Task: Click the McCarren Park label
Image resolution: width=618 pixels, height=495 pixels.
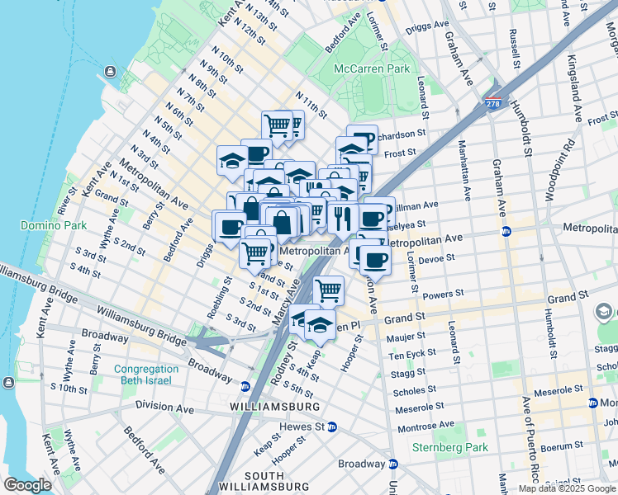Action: pos(372,68)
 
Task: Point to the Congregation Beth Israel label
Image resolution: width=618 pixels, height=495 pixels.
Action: pos(146,375)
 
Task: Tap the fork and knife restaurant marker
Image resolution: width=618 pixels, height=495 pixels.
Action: pos(341,218)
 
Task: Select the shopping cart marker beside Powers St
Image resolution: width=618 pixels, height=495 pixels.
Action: pos(329,290)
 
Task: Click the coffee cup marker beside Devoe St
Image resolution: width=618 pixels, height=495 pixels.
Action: pos(375,260)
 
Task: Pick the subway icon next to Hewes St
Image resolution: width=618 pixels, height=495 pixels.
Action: pos(331,427)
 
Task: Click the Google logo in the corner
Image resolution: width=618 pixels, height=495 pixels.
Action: pos(27,485)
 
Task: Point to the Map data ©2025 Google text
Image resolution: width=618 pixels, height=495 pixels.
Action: pos(567,488)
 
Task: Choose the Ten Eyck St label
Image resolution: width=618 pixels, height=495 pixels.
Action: pos(407,355)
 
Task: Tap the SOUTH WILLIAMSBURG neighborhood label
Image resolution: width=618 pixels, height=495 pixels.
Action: pos(253,483)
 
